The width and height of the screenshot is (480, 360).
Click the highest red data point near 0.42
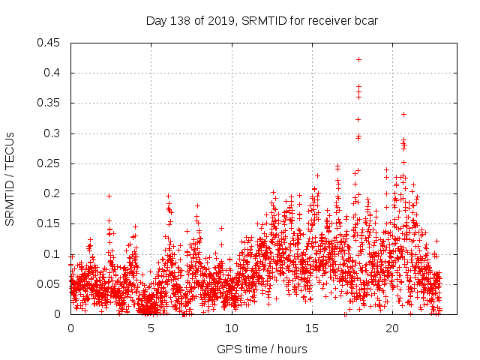pyautogui.click(x=358, y=59)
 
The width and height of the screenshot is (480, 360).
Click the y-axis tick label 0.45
pyautogui.click(x=51, y=43)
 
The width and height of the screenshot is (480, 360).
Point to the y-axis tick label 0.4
pyautogui.click(x=54, y=73)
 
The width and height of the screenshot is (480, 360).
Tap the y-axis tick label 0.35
pyautogui.click(x=51, y=103)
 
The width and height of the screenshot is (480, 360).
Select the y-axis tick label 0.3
pyautogui.click(x=54, y=133)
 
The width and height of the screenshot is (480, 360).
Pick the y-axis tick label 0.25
pyautogui.click(x=51, y=163)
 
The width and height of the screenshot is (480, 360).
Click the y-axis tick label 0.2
pyautogui.click(x=54, y=193)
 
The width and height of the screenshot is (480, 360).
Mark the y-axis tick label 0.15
pyautogui.click(x=51, y=223)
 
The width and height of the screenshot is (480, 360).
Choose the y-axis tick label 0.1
pyautogui.click(x=54, y=253)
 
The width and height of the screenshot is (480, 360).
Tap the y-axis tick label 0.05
pyautogui.click(x=51, y=283)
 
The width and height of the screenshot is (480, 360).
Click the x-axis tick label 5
pyautogui.click(x=151, y=328)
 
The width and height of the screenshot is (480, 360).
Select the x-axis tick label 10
pyautogui.click(x=232, y=328)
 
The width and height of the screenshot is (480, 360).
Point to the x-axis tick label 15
pyautogui.click(x=312, y=328)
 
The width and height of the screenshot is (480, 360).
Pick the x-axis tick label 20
pyautogui.click(x=393, y=328)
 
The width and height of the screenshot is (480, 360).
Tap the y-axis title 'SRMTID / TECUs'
pyautogui.click(x=10, y=178)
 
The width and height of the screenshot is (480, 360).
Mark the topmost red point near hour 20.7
pyautogui.click(x=403, y=114)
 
